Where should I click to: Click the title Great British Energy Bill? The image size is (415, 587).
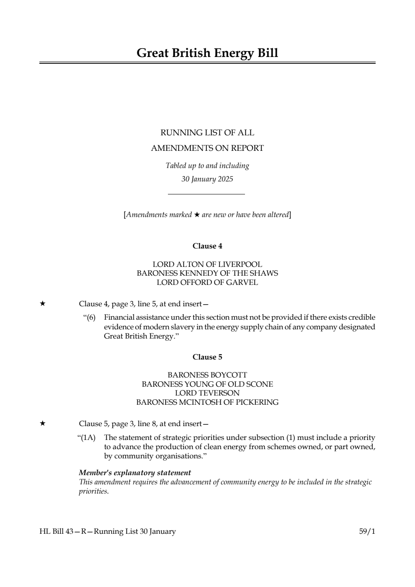click(207, 53)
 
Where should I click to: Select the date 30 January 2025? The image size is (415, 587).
click(207, 179)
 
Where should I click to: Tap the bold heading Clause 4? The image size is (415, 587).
click(207, 246)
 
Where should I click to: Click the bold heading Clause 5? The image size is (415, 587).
click(207, 357)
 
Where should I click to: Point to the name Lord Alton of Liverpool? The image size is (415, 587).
click(207, 264)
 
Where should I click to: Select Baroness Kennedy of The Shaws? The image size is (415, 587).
click(207, 273)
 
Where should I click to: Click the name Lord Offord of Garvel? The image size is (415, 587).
click(207, 282)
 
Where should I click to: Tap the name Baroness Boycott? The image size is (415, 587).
click(207, 375)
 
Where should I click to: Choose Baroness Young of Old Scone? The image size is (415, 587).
click(207, 384)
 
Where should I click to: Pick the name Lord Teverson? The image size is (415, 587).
click(207, 393)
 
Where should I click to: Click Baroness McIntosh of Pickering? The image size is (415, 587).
click(207, 402)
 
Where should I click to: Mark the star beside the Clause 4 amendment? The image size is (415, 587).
click(42, 304)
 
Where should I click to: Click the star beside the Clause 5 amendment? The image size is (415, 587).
click(42, 424)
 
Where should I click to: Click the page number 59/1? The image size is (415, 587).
click(367, 532)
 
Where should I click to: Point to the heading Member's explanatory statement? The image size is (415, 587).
click(135, 473)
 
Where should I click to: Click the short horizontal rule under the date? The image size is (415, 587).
click(206, 194)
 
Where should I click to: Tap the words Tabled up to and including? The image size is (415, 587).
click(207, 165)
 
